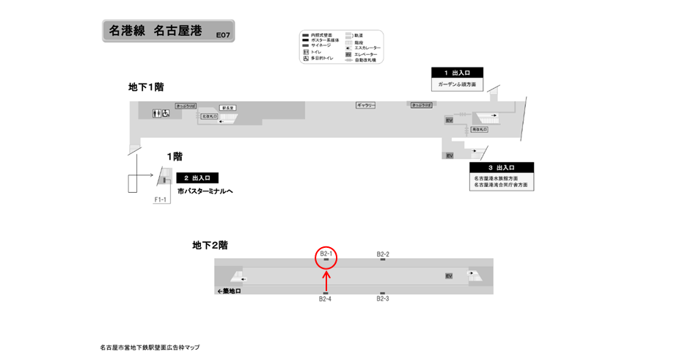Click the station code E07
tap(221, 34)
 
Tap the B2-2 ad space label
tap(383, 254)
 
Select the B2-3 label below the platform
tap(383, 299)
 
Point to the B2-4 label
tap(326, 299)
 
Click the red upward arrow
tap(326, 279)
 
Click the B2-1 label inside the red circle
tap(326, 254)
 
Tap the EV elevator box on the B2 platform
tap(448, 276)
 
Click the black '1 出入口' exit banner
tap(457, 73)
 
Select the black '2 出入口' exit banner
tap(197, 177)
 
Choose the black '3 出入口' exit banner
tap(501, 168)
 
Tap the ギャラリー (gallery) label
tap(366, 106)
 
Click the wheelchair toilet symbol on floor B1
tap(166, 113)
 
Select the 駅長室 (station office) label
tap(227, 108)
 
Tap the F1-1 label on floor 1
tap(161, 199)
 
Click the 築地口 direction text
tap(230, 291)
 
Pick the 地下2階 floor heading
tap(210, 246)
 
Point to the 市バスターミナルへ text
tap(205, 191)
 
